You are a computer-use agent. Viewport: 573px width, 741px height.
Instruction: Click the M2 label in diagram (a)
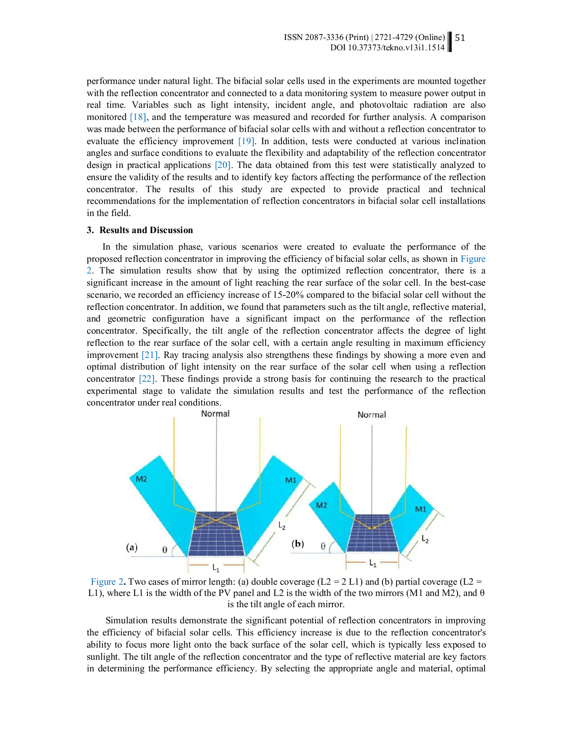(141, 479)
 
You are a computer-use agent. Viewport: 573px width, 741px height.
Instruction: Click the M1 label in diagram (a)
(291, 481)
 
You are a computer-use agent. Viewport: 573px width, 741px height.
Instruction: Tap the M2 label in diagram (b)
(321, 505)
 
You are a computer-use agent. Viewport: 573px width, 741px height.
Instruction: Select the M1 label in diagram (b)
(420, 509)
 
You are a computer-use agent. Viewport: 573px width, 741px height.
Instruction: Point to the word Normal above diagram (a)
(215, 414)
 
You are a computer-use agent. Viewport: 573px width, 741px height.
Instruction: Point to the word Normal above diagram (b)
(372, 415)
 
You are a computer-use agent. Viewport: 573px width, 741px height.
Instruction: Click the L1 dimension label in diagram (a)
(216, 568)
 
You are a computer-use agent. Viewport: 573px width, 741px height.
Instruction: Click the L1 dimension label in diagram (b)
(373, 563)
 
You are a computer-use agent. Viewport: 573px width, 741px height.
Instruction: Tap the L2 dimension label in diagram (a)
(282, 525)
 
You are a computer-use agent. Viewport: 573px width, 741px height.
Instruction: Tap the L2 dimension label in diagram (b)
(425, 539)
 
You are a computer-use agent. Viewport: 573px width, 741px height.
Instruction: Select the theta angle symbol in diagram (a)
(164, 550)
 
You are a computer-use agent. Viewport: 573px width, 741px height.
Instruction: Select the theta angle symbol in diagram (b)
(323, 546)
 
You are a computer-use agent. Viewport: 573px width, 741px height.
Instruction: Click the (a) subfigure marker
(132, 547)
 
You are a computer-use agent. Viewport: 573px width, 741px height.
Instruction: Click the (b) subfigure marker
(298, 544)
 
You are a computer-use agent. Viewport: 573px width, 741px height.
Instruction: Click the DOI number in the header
(387, 48)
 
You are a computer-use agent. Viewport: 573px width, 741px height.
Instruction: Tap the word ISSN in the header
(293, 37)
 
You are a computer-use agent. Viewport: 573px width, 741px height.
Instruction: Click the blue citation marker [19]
(246, 142)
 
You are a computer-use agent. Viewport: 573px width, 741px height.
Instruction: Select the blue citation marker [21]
(149, 355)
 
